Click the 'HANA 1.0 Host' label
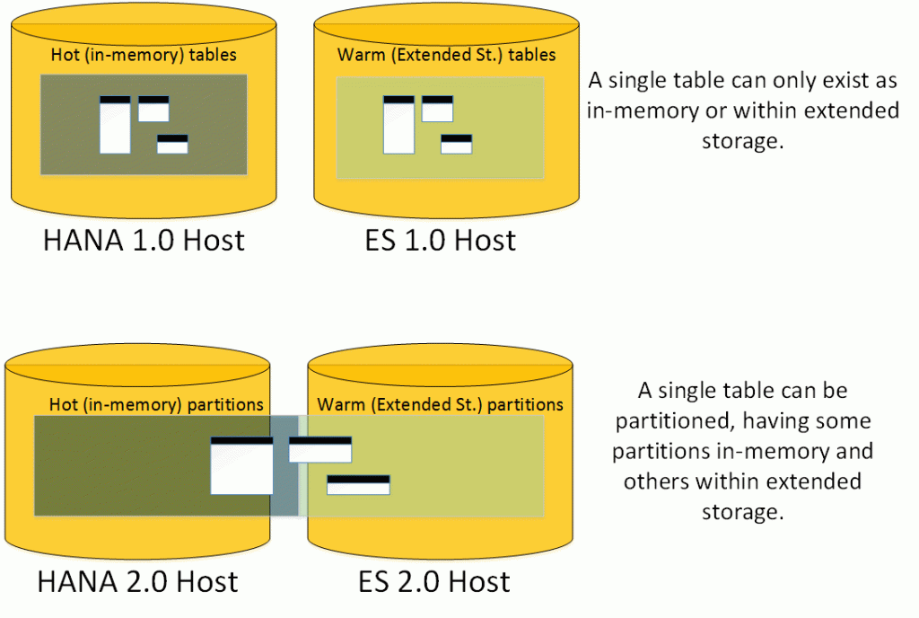[144, 240]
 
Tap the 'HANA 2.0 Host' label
[137, 581]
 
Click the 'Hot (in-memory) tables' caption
[143, 56]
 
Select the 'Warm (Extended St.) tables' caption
[446, 56]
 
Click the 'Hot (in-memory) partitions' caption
[148, 404]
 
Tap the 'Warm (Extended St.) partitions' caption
[440, 404]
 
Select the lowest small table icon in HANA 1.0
[172, 145]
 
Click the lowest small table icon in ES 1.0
[456, 145]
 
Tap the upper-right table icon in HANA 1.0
[153, 109]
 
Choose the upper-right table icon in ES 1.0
[437, 109]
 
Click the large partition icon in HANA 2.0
[241, 466]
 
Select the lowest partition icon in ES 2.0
[358, 485]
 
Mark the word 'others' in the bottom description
[654, 481]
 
